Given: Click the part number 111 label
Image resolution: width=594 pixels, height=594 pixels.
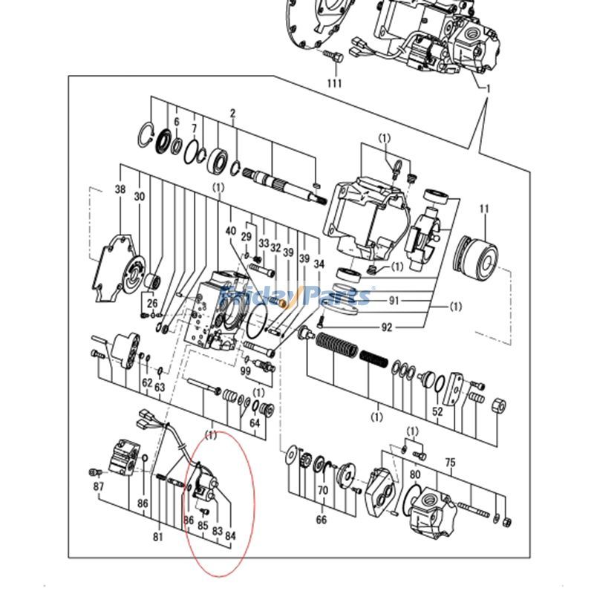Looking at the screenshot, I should (x=334, y=83).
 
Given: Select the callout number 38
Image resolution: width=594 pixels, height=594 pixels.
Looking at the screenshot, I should (x=120, y=189).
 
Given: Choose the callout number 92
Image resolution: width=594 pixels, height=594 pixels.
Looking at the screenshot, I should (x=388, y=327).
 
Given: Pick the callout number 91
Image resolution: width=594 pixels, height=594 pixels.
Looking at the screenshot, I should (x=393, y=301).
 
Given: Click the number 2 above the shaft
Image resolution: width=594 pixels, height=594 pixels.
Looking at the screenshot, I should (x=232, y=113).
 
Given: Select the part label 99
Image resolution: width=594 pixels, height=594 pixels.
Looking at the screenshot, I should (x=246, y=371).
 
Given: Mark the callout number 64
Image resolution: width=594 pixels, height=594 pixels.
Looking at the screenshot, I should (x=255, y=422).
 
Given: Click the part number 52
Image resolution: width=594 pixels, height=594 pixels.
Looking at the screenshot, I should (x=437, y=411).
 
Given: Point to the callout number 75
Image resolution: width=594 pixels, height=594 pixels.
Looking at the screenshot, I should (x=450, y=461).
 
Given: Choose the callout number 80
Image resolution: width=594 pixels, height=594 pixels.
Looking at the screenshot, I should (x=415, y=474).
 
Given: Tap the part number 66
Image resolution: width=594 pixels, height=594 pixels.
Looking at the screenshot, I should (x=322, y=520).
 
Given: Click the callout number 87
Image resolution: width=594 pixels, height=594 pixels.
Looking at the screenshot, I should (x=99, y=486).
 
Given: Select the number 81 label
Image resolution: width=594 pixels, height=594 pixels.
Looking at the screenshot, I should (x=158, y=537).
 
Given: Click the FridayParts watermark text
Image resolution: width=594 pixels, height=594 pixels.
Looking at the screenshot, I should (x=297, y=296).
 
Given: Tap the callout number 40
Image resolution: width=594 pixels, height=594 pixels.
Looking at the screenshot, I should (x=230, y=231).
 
